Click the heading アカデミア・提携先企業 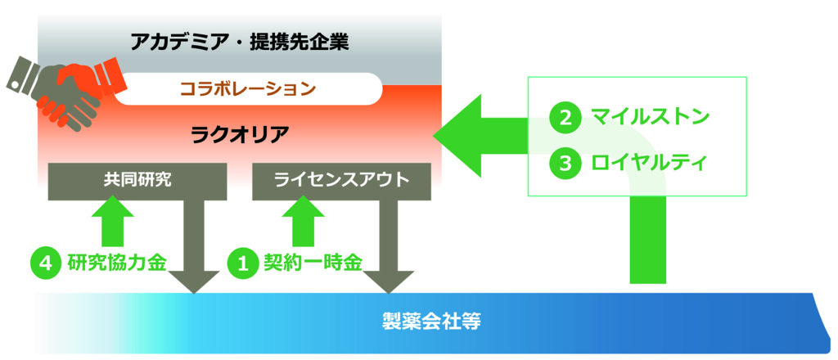point(240,41)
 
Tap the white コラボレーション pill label point(248,88)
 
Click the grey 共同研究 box point(137,181)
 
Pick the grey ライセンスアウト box point(341,181)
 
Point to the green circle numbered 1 point(242,263)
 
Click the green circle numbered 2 point(565,116)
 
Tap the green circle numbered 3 point(565,162)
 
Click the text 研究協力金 point(118,263)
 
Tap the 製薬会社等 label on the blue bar point(432,320)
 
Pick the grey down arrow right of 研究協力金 point(193,245)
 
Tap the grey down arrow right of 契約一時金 point(387,245)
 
